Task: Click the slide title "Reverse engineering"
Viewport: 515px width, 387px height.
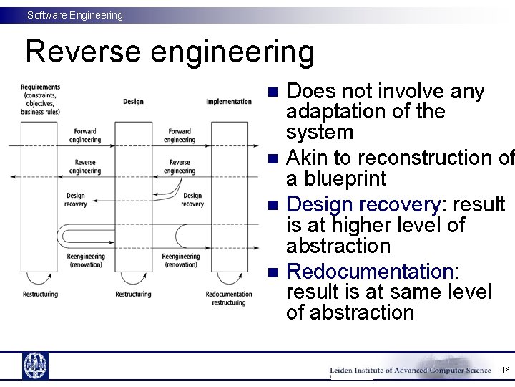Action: coord(170,52)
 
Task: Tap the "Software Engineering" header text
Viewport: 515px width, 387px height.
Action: coord(75,15)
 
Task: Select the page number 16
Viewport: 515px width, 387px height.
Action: coord(504,371)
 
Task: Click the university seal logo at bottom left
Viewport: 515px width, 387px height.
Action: coord(35,365)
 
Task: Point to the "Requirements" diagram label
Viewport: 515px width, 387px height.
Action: coord(40,87)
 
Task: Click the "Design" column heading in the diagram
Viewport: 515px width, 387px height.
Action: coord(133,102)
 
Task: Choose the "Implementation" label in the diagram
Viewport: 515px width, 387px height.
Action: coord(228,102)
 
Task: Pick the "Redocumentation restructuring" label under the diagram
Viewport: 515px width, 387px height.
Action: coord(228,298)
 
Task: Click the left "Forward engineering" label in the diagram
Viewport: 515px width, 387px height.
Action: coord(85,135)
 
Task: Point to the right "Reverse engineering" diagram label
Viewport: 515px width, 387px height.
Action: coord(180,167)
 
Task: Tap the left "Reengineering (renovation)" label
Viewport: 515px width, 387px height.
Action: coord(85,260)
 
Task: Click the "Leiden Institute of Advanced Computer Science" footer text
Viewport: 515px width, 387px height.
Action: coord(410,371)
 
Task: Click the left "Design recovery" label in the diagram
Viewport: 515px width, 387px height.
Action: coord(75,199)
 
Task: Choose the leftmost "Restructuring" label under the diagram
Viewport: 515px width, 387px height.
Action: coord(40,295)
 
